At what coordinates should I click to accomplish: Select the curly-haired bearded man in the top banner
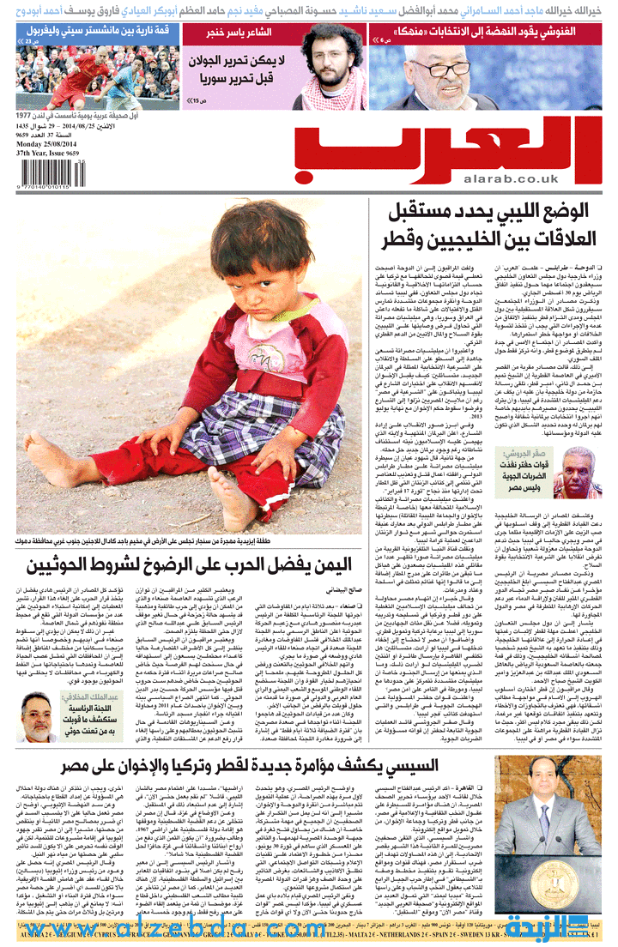(x=325, y=60)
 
